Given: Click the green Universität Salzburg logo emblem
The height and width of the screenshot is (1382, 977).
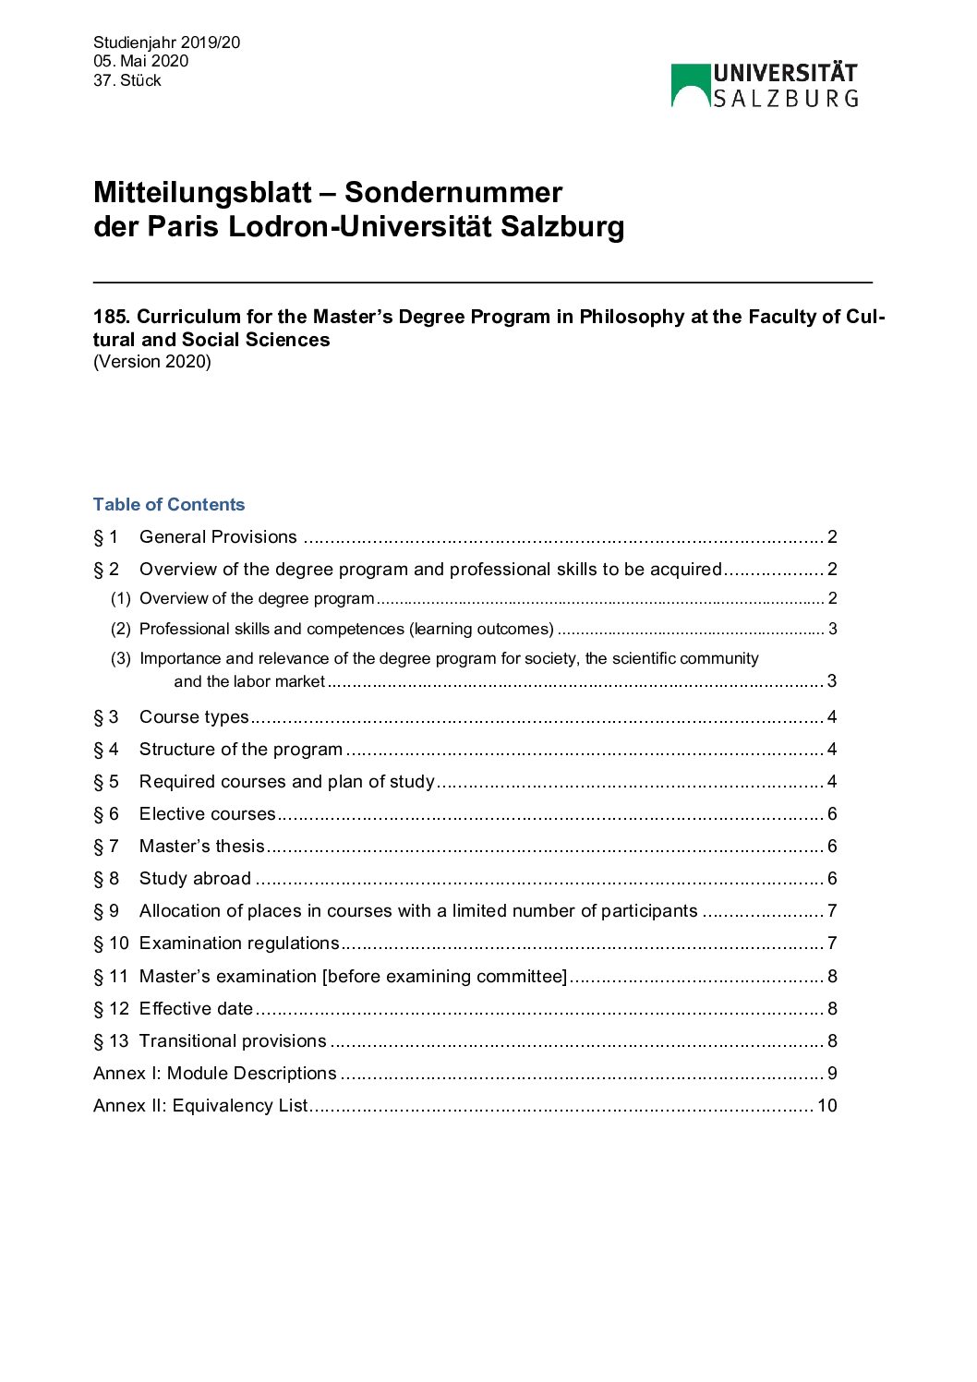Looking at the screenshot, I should [690, 85].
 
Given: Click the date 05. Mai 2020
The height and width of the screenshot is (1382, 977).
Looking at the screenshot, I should [140, 61].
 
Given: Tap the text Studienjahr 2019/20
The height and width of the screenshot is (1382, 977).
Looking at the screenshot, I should [166, 42].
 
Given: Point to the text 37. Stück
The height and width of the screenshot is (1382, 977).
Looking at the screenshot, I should [127, 80].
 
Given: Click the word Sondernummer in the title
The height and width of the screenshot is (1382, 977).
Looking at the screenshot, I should [452, 192].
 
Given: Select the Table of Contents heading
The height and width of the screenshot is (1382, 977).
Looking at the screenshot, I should [169, 504].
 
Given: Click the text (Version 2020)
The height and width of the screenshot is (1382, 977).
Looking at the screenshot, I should [152, 362].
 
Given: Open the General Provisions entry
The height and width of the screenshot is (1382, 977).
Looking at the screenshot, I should [218, 537].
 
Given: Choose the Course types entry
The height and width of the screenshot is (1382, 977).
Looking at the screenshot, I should [194, 717].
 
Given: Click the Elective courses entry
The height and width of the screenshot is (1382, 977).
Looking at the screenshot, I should [207, 814].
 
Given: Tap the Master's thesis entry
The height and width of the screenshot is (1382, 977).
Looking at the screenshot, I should [201, 847].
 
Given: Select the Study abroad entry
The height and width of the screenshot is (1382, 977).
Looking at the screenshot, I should [195, 879].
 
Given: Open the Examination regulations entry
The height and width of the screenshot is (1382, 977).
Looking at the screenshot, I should [239, 943].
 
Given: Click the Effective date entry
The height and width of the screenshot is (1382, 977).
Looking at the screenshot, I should [196, 1009].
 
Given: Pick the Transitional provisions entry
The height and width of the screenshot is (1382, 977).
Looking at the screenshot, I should [233, 1041].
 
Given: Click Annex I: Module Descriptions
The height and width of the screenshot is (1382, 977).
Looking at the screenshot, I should [215, 1074].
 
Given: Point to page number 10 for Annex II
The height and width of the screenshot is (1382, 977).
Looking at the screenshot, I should [826, 1106].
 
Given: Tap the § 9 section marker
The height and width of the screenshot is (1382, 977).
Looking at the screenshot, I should [106, 911].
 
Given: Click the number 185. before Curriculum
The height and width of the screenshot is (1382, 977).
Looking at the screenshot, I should [112, 317].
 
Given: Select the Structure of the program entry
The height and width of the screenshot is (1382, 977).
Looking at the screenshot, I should [241, 750].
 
